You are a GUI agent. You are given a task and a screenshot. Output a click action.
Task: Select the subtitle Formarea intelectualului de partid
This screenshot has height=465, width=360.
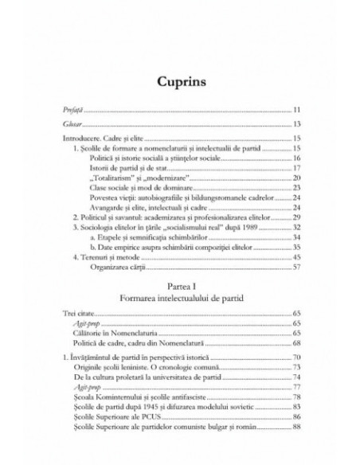click(180, 302)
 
